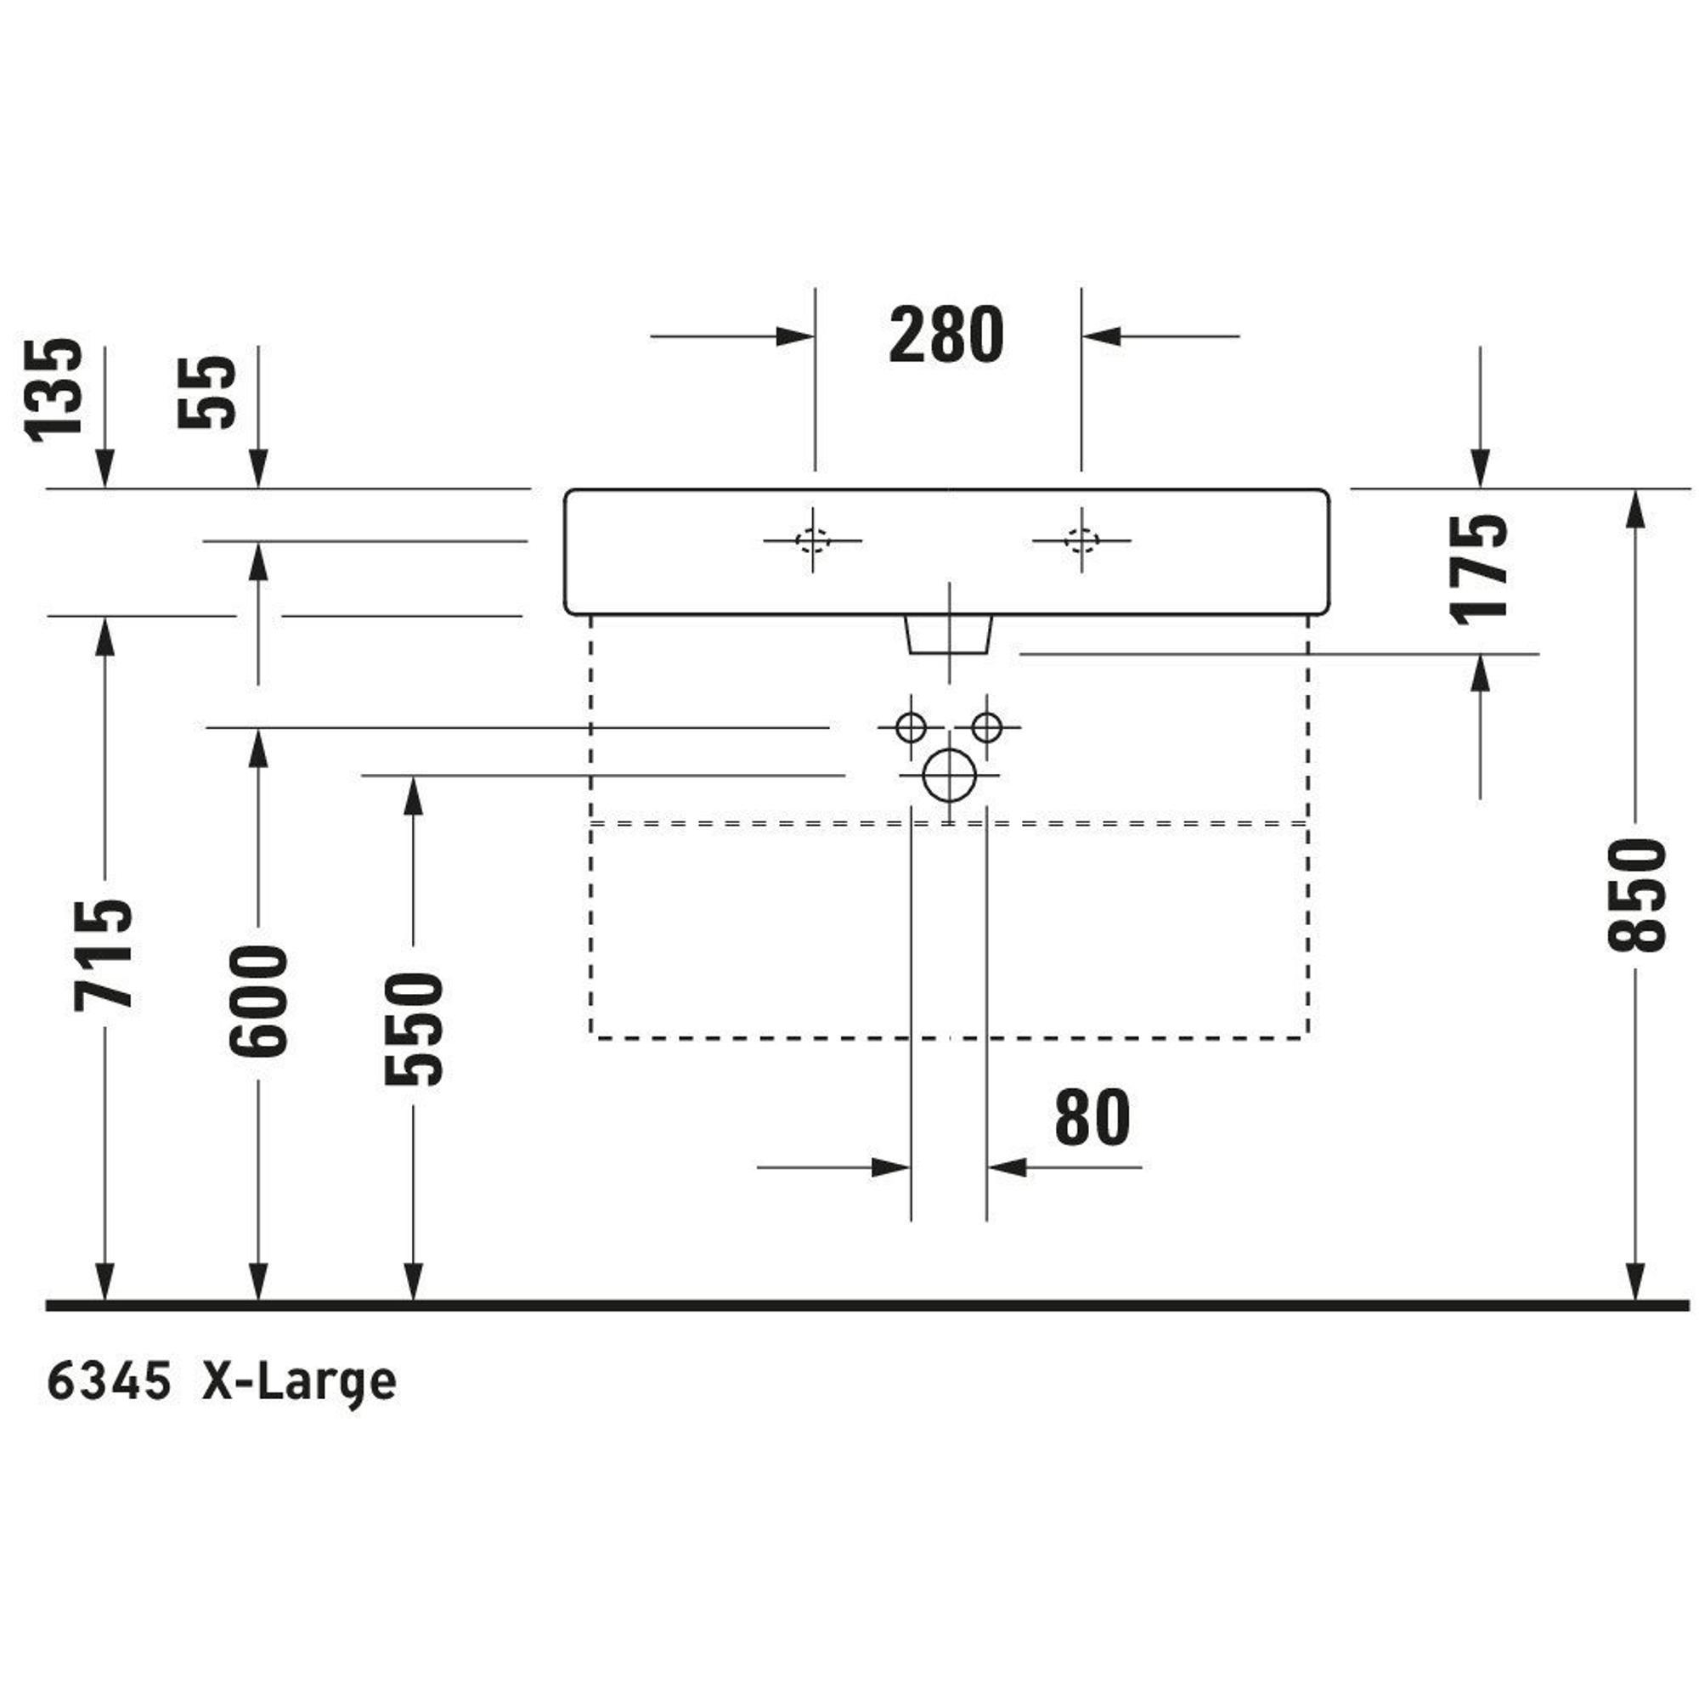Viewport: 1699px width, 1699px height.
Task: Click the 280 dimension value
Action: (946, 335)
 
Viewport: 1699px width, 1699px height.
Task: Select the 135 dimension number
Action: (54, 390)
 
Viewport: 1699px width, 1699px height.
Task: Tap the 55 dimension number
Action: (206, 392)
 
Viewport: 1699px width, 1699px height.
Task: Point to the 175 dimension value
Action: (1479, 569)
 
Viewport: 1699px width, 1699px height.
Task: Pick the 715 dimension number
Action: (104, 954)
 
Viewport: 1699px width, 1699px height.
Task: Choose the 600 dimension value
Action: (257, 1001)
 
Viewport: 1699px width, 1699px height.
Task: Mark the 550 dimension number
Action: (414, 1028)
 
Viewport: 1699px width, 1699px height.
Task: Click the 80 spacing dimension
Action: (1092, 1117)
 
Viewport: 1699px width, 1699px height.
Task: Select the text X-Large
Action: (299, 1382)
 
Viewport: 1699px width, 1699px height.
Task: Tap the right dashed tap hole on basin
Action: (1081, 539)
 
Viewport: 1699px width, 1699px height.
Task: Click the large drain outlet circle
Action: (950, 776)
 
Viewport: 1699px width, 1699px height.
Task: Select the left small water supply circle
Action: (910, 727)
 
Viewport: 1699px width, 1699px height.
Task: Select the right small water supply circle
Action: (986, 727)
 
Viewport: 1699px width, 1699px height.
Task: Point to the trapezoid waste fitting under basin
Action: (949, 634)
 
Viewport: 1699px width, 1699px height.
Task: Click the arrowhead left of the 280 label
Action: (795, 336)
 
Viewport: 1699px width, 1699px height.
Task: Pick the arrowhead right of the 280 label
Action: (1101, 336)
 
